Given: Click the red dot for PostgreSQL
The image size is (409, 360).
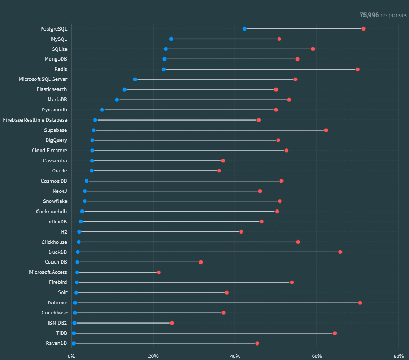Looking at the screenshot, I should point(363,28).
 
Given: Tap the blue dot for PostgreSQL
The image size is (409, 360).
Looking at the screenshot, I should point(244,28).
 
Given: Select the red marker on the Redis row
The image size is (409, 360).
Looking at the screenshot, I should point(358,69).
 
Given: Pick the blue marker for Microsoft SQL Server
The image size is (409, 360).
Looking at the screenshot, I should point(135,79).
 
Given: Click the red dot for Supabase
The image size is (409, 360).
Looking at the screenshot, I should point(326,130).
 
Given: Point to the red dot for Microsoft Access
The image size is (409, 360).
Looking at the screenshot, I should point(159,272).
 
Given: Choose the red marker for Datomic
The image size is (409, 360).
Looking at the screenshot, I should point(360,303).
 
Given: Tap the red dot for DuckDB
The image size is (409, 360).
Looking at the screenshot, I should point(340,252).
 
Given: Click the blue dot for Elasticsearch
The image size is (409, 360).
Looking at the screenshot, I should point(124,89).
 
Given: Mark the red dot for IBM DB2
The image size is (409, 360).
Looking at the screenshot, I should point(172,323).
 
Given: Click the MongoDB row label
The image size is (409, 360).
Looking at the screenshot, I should point(56,59).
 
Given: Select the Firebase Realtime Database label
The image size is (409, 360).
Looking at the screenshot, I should point(35,120).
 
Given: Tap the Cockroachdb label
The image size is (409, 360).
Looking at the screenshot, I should point(51,211).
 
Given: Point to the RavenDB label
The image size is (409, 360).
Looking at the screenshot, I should point(57,343).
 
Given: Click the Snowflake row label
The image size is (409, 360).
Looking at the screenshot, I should point(55,201).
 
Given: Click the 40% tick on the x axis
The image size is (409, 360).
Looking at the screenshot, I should point(235,355).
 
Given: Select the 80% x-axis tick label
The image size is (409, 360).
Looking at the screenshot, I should point(398,355).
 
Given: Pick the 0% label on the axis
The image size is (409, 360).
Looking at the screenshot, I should point(72,355).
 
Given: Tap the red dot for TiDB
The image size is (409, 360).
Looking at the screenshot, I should point(335,333).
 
